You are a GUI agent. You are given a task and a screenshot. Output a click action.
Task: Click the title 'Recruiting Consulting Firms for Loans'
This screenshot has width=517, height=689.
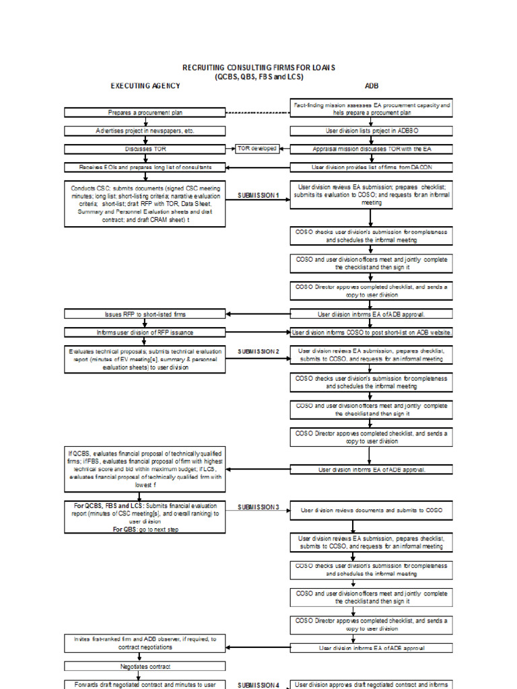pyautogui.click(x=258, y=67)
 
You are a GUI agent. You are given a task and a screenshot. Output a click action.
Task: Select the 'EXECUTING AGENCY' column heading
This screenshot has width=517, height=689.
pyautogui.click(x=145, y=85)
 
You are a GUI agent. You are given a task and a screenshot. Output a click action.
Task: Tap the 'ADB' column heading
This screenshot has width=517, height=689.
pyautogui.click(x=372, y=85)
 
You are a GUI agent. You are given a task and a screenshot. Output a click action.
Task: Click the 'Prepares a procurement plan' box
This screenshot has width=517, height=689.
pyautogui.click(x=145, y=113)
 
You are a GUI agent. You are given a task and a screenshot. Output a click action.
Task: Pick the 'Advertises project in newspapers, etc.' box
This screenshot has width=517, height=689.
pyautogui.click(x=145, y=131)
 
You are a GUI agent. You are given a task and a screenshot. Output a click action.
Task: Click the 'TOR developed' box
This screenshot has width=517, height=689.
pyautogui.click(x=256, y=148)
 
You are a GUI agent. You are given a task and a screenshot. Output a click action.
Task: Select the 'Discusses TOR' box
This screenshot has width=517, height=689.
pyautogui.click(x=145, y=149)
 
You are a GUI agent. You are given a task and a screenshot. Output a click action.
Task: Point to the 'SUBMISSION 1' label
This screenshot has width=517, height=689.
pyautogui.click(x=258, y=195)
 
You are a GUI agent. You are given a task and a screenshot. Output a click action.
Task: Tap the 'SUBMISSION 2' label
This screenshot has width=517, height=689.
pyautogui.click(x=258, y=351)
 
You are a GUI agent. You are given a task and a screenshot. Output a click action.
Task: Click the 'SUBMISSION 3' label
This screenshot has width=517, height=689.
pyautogui.click(x=258, y=507)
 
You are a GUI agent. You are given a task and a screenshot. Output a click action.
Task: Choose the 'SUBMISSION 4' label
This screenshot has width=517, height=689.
pyautogui.click(x=258, y=685)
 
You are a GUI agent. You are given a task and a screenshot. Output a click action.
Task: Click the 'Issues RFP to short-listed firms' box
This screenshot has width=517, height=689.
pyautogui.click(x=145, y=314)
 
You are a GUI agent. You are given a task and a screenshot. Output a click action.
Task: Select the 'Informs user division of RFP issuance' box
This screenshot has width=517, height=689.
pyautogui.click(x=145, y=332)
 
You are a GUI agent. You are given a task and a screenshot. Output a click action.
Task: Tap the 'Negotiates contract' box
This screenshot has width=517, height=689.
pyautogui.click(x=145, y=667)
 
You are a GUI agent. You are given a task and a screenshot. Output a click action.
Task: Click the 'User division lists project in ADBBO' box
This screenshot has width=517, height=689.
pyautogui.click(x=372, y=131)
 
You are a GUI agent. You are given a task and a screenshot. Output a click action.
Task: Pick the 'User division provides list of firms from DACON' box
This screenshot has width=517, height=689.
pyautogui.click(x=372, y=166)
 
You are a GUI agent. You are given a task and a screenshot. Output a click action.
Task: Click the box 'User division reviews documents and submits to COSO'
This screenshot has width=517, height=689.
pyautogui.click(x=372, y=511)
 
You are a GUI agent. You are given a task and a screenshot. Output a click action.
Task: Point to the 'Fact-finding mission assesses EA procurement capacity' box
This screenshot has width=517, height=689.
pyautogui.click(x=372, y=109)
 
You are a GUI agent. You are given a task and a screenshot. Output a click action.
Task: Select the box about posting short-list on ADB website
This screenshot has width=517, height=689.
pyautogui.click(x=372, y=332)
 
